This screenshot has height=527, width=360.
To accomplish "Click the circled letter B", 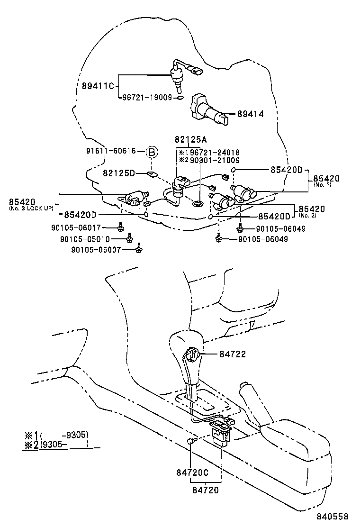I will point(152,152).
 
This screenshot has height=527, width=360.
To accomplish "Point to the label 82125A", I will point(191,140).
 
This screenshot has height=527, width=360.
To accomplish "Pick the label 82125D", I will point(118,174).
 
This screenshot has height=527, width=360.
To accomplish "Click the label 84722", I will point(233,354).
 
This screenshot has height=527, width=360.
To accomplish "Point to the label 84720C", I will point(192,473).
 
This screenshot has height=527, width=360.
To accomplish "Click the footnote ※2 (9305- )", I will point(57,444).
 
